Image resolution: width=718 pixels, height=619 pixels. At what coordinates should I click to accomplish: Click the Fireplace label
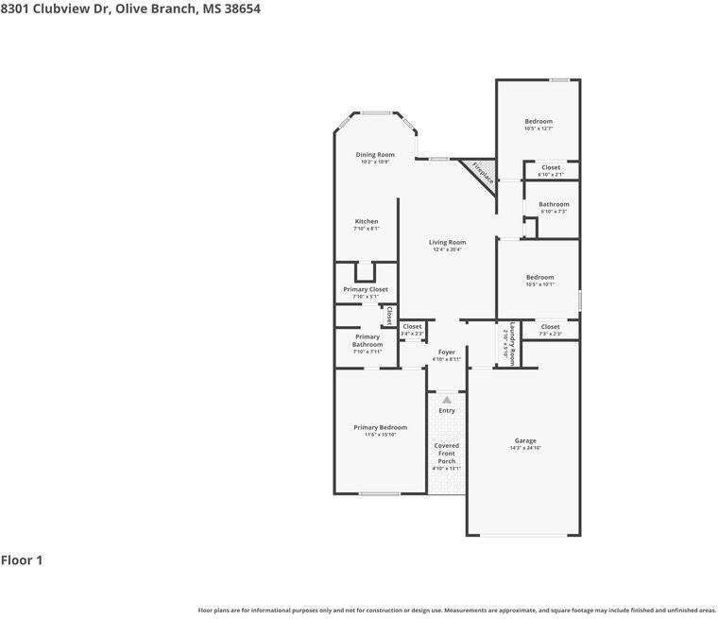click(x=483, y=173)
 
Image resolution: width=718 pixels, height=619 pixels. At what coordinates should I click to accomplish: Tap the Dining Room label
click(x=375, y=155)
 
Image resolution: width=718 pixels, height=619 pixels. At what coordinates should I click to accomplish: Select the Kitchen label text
click(x=367, y=222)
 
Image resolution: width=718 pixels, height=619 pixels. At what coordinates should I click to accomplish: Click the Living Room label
click(x=447, y=243)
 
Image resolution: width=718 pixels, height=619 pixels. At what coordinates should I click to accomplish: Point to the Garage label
click(x=525, y=441)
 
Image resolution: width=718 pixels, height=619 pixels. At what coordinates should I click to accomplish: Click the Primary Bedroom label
click(x=380, y=428)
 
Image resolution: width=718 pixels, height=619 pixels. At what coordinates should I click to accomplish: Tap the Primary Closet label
click(x=366, y=290)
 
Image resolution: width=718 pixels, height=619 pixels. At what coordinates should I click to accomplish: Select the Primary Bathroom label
click(x=368, y=341)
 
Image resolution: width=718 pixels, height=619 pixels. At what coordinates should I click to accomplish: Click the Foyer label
click(x=447, y=352)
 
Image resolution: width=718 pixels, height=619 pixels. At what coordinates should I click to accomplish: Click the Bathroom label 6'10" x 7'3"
click(x=554, y=205)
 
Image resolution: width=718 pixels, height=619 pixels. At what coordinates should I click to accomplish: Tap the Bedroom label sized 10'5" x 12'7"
click(x=538, y=122)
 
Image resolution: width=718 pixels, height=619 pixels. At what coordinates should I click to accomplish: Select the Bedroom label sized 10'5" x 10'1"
click(x=539, y=278)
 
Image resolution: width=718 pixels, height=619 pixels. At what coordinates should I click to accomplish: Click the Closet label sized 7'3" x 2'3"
click(x=550, y=327)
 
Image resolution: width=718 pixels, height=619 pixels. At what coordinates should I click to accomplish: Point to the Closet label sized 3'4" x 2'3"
click(x=412, y=327)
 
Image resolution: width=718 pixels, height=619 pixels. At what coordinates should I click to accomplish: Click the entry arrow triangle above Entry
click(x=447, y=400)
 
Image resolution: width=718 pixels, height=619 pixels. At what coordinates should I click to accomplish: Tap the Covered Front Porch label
click(x=447, y=454)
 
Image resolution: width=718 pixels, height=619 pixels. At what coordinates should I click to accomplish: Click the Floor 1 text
click(x=22, y=560)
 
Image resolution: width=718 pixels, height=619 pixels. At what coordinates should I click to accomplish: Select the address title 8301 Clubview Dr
click(x=130, y=9)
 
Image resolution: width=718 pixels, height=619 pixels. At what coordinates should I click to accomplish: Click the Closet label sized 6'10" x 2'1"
click(x=550, y=168)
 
